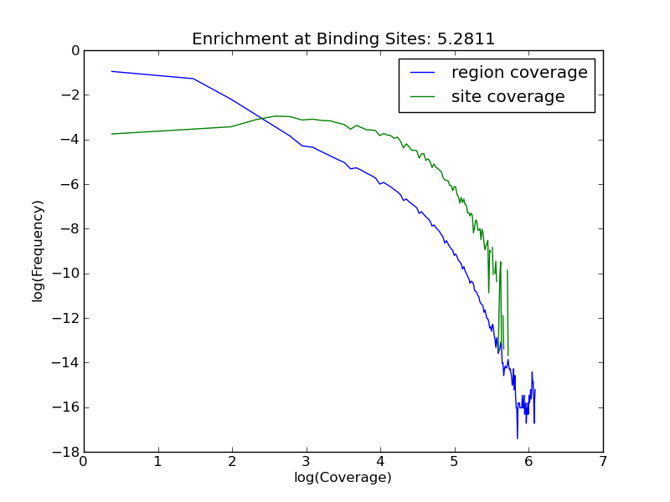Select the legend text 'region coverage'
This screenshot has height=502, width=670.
[519, 73]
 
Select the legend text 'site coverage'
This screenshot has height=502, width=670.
[508, 97]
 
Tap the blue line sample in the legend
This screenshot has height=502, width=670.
[425, 73]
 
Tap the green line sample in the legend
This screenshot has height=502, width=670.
[425, 97]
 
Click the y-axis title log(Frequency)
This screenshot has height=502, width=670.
[38, 251]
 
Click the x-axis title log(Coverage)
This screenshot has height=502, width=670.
[343, 478]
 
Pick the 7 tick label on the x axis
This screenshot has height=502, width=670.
[602, 461]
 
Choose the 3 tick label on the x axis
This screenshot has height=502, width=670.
[307, 461]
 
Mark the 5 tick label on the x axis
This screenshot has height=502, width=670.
[455, 461]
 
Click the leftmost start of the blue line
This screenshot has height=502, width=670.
[111, 71]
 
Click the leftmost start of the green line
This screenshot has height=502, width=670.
[111, 134]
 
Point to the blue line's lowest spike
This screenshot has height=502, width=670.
[517, 438]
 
